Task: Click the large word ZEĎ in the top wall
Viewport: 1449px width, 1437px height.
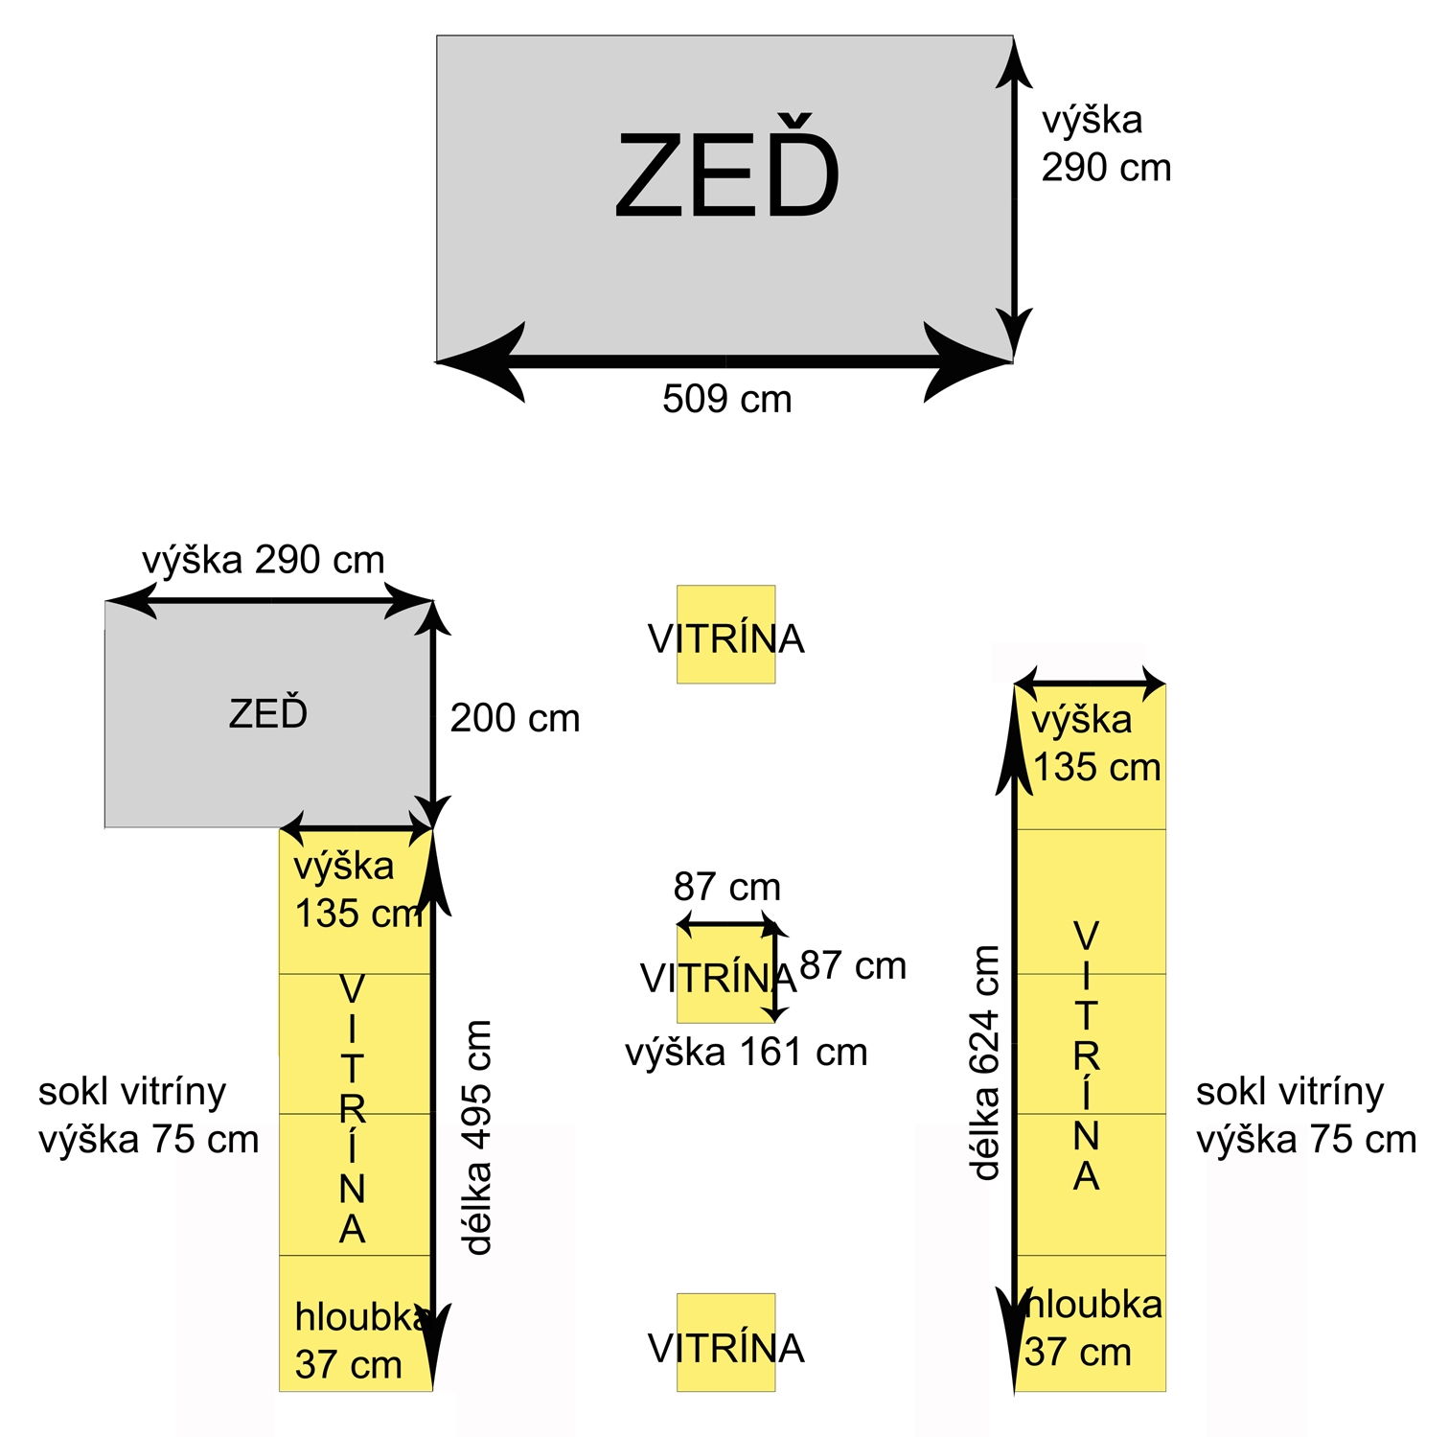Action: [x=726, y=174]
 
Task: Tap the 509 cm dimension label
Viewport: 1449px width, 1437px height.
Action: [x=726, y=399]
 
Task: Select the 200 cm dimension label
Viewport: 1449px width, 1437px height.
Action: [x=515, y=718]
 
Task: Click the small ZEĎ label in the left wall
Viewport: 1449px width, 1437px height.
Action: [x=268, y=714]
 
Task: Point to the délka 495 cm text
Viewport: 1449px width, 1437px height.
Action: [x=476, y=1137]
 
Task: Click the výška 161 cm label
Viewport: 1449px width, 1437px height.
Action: [x=746, y=1053]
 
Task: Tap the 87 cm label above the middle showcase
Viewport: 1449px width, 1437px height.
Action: [x=726, y=887]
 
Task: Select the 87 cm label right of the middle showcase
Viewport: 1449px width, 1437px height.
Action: [x=852, y=965]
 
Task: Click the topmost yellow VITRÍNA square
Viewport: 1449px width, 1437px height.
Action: [x=725, y=635]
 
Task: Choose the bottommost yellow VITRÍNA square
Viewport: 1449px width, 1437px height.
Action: [x=725, y=1343]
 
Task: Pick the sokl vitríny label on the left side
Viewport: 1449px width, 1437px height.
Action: [x=149, y=1115]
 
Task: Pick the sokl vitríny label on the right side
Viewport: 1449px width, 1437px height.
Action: [x=1305, y=1115]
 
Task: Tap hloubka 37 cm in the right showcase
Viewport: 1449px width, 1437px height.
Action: [x=1091, y=1328]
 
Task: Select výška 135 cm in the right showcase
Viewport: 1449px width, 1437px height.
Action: [x=1094, y=743]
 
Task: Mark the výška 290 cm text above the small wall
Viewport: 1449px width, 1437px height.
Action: [x=264, y=560]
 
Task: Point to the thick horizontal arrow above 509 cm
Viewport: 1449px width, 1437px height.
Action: [x=725, y=361]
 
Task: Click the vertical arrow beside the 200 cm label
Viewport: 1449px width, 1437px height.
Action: [x=433, y=714]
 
